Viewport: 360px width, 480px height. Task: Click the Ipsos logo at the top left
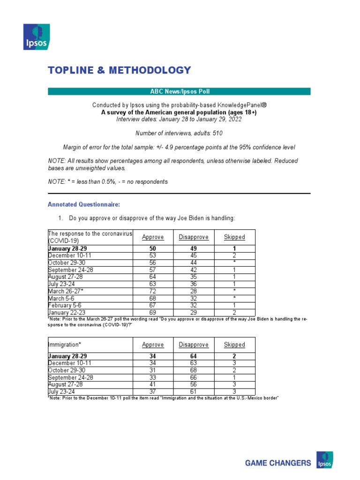tap(36, 36)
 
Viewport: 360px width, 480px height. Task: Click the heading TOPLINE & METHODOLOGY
tap(120, 70)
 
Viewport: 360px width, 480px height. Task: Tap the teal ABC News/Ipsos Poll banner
tap(179, 91)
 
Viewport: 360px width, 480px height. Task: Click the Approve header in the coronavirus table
tap(153, 237)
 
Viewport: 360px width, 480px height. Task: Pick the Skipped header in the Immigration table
tap(234, 345)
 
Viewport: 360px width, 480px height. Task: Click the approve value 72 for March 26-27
tap(153, 292)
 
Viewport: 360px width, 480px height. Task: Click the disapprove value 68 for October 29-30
tap(194, 370)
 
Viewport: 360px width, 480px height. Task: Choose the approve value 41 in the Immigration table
tap(153, 384)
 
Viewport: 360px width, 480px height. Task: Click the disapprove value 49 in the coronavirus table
tap(194, 248)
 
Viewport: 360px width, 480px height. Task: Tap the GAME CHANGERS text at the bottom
tap(278, 463)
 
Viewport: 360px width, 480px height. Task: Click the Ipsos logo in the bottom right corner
tap(325, 460)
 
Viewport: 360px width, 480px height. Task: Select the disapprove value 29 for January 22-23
tap(194, 312)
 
